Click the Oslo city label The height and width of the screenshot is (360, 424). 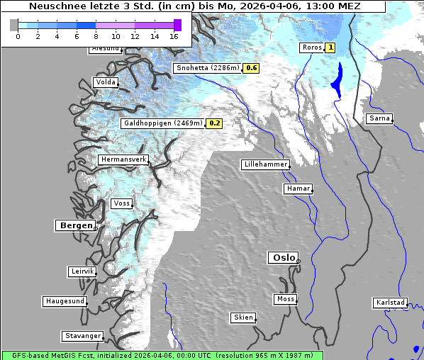(283, 258)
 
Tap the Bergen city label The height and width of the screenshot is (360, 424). (75, 225)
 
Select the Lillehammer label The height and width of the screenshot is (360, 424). (265, 164)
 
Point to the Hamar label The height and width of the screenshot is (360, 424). (297, 189)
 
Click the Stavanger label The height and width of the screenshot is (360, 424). (82, 336)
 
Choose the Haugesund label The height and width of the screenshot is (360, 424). (65, 301)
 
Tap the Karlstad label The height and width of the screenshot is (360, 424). (390, 303)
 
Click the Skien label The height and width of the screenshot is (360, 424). (242, 317)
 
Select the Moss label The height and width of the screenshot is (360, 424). (285, 299)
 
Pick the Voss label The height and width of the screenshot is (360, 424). (121, 203)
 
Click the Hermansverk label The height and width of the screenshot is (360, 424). (123, 160)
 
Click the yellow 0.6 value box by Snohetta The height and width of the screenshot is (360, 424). (252, 69)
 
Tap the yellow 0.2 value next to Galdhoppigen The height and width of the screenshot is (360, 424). (215, 123)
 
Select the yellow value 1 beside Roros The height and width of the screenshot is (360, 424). (330, 48)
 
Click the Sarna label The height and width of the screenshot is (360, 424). (379, 118)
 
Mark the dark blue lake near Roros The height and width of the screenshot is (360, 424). (337, 79)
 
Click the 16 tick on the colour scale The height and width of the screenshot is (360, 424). (174, 35)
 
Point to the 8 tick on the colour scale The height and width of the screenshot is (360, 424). (96, 35)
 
